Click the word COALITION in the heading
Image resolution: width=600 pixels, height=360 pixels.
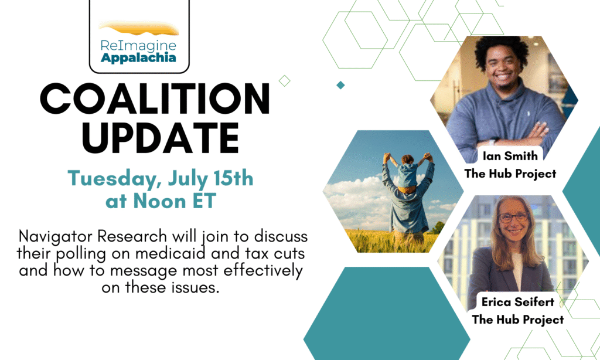point(155,99)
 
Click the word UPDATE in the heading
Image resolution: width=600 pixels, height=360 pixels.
point(161,138)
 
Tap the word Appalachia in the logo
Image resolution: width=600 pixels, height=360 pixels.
point(138,58)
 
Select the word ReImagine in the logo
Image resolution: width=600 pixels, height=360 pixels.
point(138,46)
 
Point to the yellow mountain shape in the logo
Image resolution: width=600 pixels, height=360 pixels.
point(138,28)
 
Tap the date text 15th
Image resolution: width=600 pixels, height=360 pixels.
point(233,178)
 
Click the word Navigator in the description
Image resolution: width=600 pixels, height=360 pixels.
point(54,237)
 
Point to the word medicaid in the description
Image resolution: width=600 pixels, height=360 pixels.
point(171,253)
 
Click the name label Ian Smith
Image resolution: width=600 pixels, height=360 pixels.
point(510,156)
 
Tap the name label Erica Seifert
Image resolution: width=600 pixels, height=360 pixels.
point(518,302)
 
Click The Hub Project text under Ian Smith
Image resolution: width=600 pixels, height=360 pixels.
point(510,174)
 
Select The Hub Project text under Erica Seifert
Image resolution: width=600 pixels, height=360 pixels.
point(518,320)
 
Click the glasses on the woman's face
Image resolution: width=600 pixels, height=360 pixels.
point(513,218)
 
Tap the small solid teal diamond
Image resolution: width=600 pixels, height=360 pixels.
point(340,85)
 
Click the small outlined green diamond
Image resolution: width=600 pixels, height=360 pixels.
point(284,81)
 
